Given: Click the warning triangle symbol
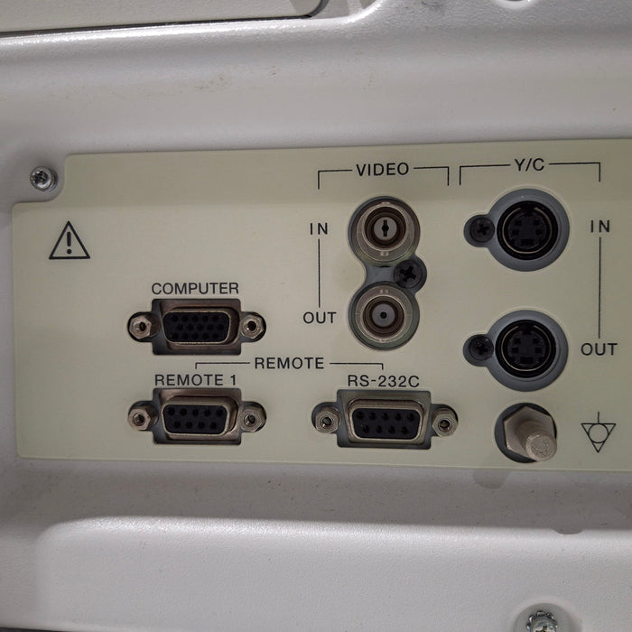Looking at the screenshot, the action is pyautogui.click(x=70, y=241).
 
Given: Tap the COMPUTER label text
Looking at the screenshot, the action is pyautogui.click(x=195, y=289).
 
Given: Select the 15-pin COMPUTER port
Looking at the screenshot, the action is pyautogui.click(x=197, y=327).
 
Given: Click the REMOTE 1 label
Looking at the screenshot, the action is pyautogui.click(x=196, y=380).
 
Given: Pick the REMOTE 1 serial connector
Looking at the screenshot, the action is pyautogui.click(x=197, y=417).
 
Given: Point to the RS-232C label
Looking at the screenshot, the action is pyautogui.click(x=384, y=381).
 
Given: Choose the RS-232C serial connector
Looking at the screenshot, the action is pyautogui.click(x=385, y=420).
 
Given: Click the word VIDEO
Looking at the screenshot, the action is pyautogui.click(x=383, y=170).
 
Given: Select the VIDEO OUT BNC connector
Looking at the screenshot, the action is pyautogui.click(x=384, y=315).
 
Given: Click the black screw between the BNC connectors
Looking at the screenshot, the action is pyautogui.click(x=409, y=274).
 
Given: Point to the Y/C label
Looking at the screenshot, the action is pyautogui.click(x=529, y=165).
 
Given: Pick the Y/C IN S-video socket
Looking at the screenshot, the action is pyautogui.click(x=526, y=229).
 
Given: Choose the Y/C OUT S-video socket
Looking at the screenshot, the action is pyautogui.click(x=525, y=349).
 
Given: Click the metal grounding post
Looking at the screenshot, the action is pyautogui.click(x=529, y=433).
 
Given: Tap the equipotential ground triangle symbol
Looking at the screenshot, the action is pyautogui.click(x=598, y=432).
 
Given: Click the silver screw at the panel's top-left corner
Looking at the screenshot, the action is pyautogui.click(x=43, y=179).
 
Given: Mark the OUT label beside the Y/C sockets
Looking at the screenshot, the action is pyautogui.click(x=599, y=349).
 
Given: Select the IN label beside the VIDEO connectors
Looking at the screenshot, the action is pyautogui.click(x=319, y=229).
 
